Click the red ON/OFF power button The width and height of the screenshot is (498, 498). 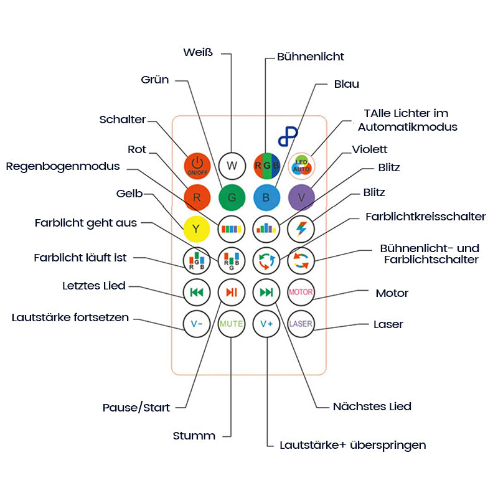coord(197,166)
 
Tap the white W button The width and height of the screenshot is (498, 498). coord(232,166)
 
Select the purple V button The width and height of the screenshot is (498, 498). coord(301,198)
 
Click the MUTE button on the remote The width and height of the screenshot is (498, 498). coord(232,324)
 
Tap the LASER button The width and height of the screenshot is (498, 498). coord(301,324)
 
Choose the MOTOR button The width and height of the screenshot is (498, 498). coord(301,292)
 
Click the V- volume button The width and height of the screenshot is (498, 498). coord(197,324)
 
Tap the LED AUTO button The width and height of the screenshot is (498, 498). coord(301,166)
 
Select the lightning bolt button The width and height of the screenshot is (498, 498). coord(301,228)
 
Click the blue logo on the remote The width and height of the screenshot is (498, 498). coord(288,137)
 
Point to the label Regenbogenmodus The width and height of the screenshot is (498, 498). coord(63,166)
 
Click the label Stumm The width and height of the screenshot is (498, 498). coord(194,436)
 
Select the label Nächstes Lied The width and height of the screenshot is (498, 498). coord(372,406)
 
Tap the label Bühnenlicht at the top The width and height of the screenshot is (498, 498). coord(311,57)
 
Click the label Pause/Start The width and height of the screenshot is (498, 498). coord(136,408)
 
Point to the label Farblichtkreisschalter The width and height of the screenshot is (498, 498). coord(426,217)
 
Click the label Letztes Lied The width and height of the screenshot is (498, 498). coord(94,286)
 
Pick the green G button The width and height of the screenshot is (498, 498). coord(232,198)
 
